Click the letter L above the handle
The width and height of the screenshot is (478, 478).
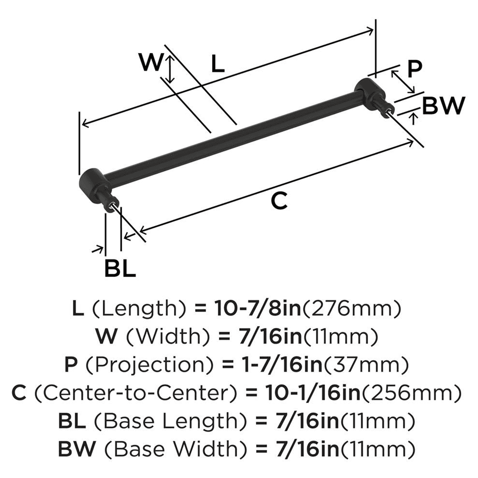pos(217,64)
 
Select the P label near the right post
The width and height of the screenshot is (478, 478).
pos(414,69)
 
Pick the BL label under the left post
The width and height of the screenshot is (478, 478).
pos(120,269)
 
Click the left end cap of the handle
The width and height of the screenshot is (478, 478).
pos(91,184)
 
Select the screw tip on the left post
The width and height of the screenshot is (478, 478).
pos(113,205)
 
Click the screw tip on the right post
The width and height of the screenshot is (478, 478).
pos(391,110)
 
